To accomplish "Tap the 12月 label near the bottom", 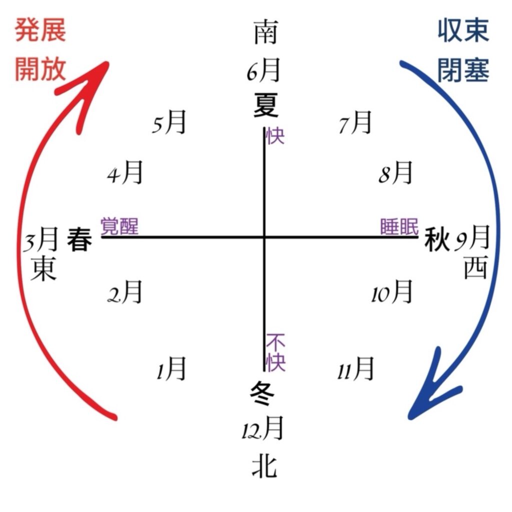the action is click(x=262, y=428).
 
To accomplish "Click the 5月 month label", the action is click(x=169, y=122).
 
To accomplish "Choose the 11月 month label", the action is click(x=355, y=368).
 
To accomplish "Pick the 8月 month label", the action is click(x=395, y=172).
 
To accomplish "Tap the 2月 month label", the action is click(x=125, y=291).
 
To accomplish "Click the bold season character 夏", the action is click(x=266, y=105).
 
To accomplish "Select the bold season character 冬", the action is click(x=262, y=393).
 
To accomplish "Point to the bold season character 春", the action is click(x=79, y=239).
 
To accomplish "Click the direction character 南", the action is click(x=266, y=32).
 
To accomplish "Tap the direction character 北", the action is click(x=264, y=466).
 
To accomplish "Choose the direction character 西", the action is click(x=476, y=267).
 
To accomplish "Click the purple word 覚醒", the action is click(x=119, y=226).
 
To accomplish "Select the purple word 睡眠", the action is click(x=399, y=226).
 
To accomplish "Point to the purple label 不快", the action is click(x=275, y=352).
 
